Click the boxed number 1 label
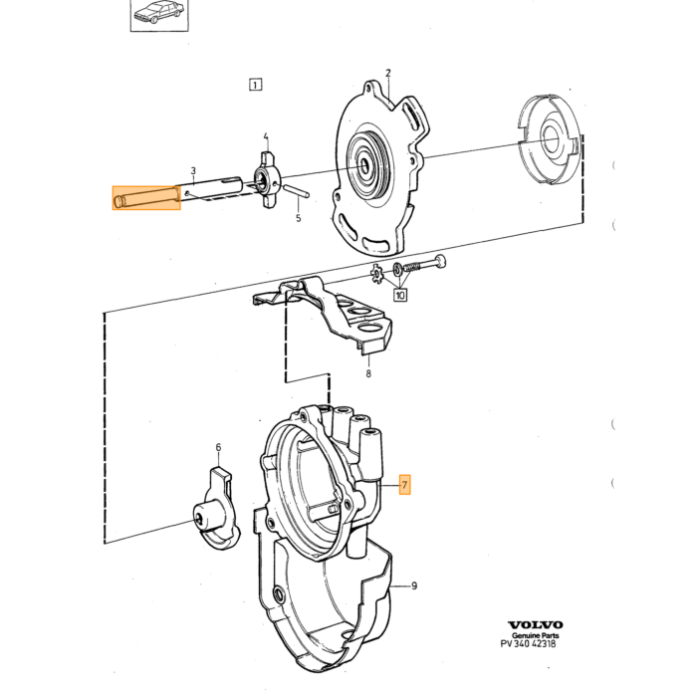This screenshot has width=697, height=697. pyautogui.click(x=255, y=85)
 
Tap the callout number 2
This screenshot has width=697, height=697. pyautogui.click(x=388, y=73)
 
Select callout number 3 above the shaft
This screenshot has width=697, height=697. pyautogui.click(x=193, y=171)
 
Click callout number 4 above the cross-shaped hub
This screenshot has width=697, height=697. pyautogui.click(x=266, y=136)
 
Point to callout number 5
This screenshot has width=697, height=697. pyautogui.click(x=299, y=218)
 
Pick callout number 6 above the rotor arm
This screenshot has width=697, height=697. pyautogui.click(x=218, y=447)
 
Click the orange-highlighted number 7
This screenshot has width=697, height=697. pyautogui.click(x=404, y=485)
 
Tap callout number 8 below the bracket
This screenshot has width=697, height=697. pyautogui.click(x=368, y=373)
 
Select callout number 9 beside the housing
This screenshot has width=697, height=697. pyautogui.click(x=414, y=585)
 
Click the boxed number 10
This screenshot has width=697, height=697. pyautogui.click(x=400, y=295)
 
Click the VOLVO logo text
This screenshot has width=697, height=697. pyautogui.click(x=536, y=625)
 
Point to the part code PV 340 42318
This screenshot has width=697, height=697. pyautogui.click(x=528, y=643)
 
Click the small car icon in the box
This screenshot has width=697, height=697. pyautogui.click(x=159, y=12)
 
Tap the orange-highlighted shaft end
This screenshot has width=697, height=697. pyautogui.click(x=146, y=198)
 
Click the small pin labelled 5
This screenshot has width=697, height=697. pyautogui.click(x=296, y=190)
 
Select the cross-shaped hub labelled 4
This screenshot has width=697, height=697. pyautogui.click(x=266, y=180)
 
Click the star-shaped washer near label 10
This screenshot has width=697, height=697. pyautogui.click(x=377, y=274)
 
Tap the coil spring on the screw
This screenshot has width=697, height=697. pyautogui.click(x=412, y=268)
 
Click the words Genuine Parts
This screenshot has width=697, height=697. pyautogui.click(x=536, y=635)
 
